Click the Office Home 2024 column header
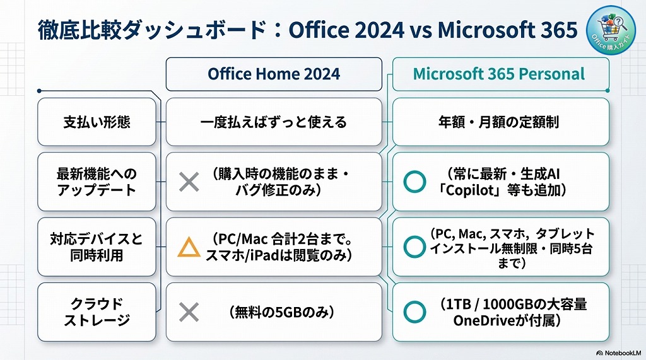273,74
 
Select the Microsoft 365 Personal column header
499,74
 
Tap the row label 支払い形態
97,122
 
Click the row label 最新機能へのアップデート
97,182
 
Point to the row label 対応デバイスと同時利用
97,247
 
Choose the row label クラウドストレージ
97,312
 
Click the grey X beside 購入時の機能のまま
189,182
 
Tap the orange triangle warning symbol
189,247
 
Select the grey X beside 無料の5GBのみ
189,312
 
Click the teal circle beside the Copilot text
414,182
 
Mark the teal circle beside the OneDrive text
414,311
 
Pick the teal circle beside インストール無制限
414,247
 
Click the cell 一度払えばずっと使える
273,122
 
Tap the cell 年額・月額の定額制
499,122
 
